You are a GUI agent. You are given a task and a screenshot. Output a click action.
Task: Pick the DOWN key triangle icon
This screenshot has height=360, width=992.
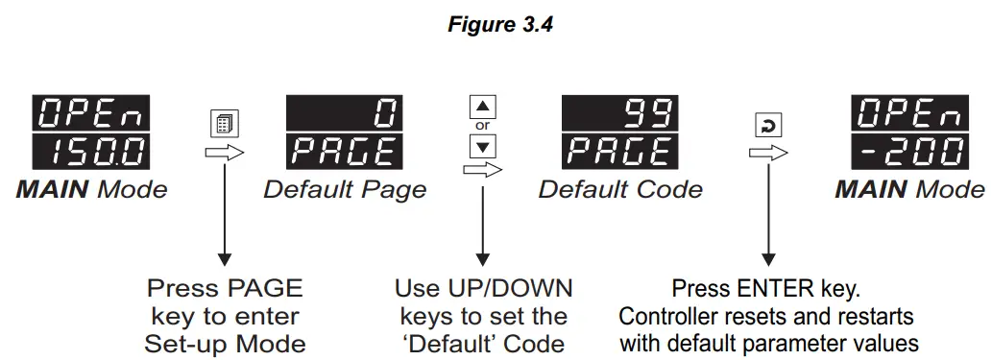(484, 147)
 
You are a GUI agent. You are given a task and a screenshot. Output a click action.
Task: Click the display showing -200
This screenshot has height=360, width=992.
(909, 152)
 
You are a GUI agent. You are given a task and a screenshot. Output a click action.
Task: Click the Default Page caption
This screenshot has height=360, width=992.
(345, 189)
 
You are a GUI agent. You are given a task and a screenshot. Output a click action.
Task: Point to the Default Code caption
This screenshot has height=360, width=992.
(620, 189)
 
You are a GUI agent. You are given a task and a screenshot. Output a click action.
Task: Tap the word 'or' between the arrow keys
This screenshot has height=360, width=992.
(484, 127)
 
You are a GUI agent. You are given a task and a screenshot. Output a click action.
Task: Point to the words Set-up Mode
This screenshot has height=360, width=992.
(225, 343)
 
